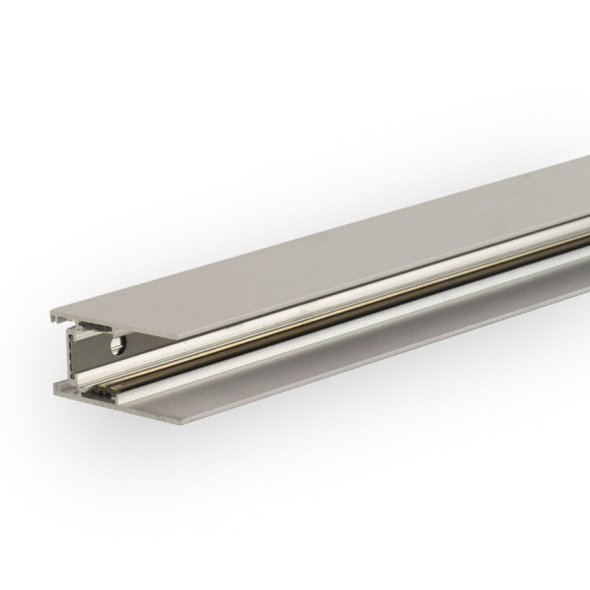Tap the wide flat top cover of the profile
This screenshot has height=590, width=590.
click(337, 253)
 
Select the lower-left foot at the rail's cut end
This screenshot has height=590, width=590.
click(67, 391)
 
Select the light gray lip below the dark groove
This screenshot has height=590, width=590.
click(337, 324)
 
